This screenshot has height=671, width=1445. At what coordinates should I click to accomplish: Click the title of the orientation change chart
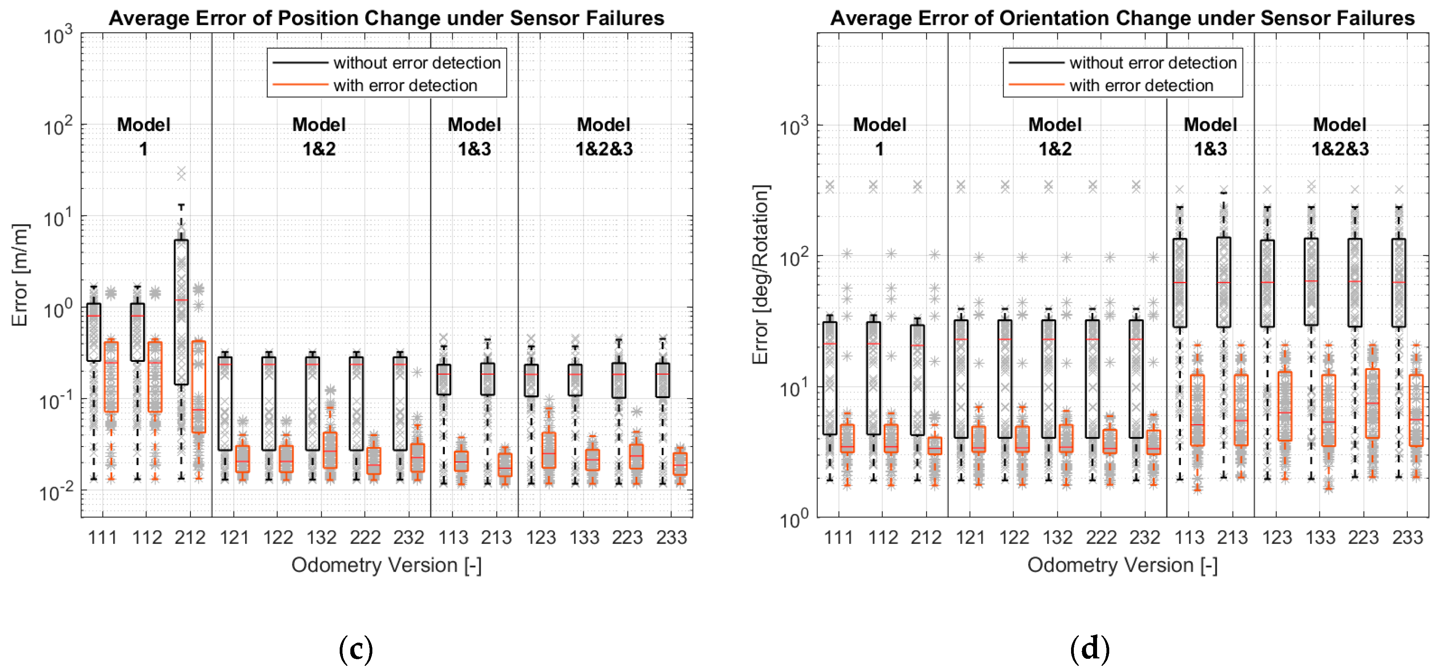point(1122,18)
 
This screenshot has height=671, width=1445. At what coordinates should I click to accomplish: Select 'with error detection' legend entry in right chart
point(1140,85)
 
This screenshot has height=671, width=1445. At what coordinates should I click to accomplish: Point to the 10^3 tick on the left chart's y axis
point(58,36)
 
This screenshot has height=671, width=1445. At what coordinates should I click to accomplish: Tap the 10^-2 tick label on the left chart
point(56,493)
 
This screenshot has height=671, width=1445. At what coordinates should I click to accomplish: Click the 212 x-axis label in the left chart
point(190,538)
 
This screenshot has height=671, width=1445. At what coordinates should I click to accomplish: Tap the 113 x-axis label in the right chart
point(1189,538)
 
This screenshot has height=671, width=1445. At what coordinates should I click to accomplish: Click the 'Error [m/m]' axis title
point(20,275)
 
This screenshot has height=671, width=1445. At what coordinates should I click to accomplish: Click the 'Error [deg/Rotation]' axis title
point(760,275)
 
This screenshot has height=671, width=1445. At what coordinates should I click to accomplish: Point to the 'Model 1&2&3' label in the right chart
point(1340,136)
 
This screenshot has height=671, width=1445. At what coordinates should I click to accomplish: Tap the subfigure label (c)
point(355,649)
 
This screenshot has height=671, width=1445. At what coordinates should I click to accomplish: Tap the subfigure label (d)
point(1090,649)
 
